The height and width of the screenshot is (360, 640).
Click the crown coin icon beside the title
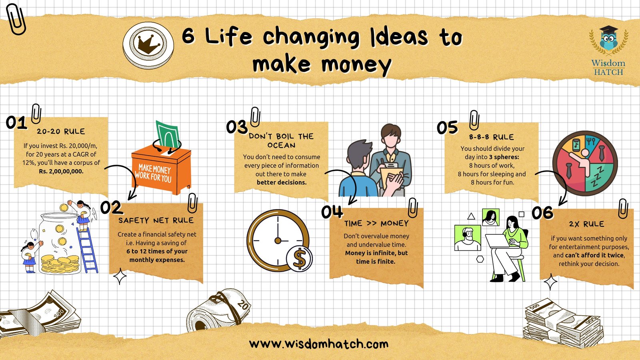click(148, 45)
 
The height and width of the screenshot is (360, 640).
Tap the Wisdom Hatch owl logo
click(608, 50)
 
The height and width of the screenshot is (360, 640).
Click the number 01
click(16, 122)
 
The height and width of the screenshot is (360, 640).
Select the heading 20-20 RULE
click(61, 132)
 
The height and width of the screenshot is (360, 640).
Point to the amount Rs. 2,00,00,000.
click(61, 172)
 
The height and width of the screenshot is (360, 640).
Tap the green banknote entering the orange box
click(168, 135)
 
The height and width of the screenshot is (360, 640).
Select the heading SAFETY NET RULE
click(156, 220)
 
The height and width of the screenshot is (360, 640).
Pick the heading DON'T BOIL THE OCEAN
click(282, 140)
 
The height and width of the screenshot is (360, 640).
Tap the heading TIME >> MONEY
click(376, 224)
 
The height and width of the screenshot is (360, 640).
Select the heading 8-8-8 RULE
click(492, 137)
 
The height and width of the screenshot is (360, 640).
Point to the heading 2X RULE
click(586, 224)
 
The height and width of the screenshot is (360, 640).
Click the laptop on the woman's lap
click(498, 241)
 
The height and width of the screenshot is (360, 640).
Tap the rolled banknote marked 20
click(218, 312)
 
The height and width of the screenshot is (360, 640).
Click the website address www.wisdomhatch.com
click(318, 344)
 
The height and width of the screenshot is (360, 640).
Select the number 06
click(542, 213)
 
